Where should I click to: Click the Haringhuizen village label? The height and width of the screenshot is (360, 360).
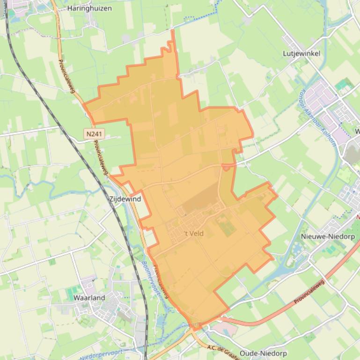(89, 8)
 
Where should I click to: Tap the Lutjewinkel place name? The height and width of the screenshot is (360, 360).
(301, 53)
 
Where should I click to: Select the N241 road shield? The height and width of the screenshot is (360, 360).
(94, 134)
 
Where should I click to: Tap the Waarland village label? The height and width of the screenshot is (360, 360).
(89, 297)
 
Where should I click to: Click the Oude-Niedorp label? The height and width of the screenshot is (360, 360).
(263, 353)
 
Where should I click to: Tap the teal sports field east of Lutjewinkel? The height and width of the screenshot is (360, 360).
(344, 85)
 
